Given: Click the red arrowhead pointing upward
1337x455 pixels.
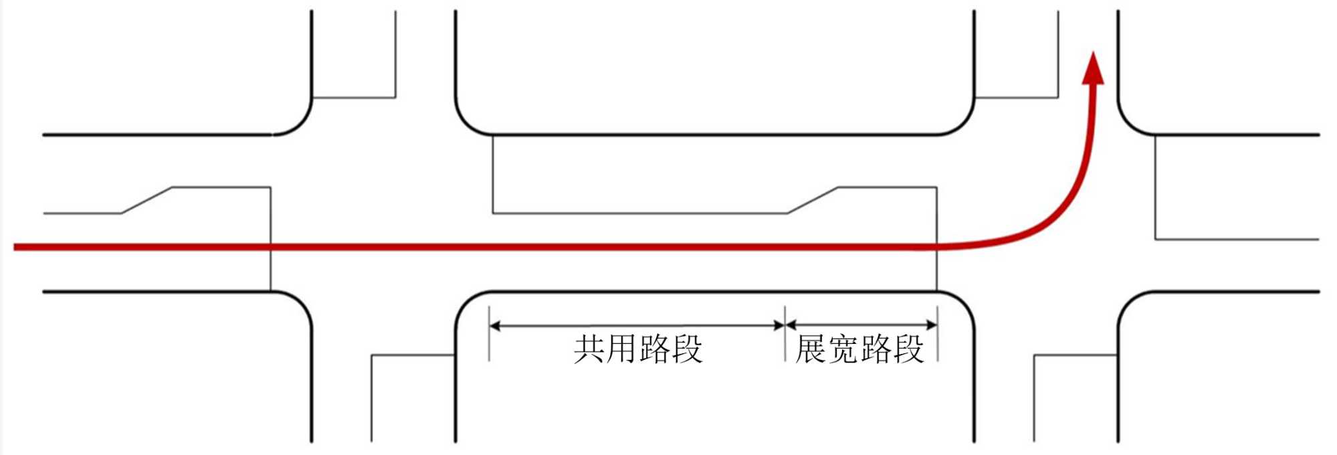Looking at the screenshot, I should pos(1093,69).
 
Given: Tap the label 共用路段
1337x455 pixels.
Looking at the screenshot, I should pos(638,349).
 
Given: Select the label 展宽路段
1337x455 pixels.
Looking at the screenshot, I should pos(859,349).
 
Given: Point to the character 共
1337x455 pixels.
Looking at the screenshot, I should pos(589,349).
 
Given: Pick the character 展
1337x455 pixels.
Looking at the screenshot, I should pos(811,349).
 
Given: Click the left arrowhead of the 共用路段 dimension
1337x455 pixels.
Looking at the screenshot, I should pos(496,326).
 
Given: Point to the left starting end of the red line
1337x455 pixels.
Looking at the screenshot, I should pos(16,248).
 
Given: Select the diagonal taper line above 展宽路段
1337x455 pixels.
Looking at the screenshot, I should pos(812,201).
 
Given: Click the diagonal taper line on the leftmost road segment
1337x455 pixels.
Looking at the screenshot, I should pos(146,201).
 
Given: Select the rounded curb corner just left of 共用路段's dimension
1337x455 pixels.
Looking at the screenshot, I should pos(467,302).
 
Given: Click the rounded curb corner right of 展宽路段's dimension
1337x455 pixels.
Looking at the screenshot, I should pos(963,303).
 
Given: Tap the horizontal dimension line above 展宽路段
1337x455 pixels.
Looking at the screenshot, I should pos(860,326).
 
